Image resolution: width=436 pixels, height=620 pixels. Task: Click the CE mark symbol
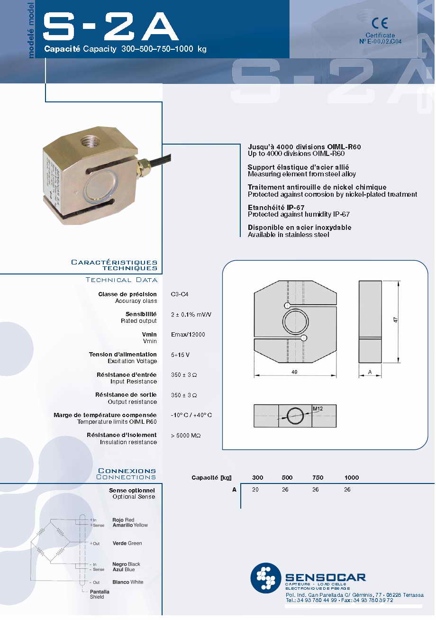(x=380, y=23)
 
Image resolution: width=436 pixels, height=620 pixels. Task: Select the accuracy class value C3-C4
(x=181, y=294)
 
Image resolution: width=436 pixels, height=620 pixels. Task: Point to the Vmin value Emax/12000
(x=188, y=335)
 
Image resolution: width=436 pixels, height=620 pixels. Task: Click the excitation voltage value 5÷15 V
(x=181, y=355)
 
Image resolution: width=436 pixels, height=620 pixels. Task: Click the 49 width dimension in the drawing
(x=294, y=372)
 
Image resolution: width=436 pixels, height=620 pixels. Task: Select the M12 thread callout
(x=318, y=409)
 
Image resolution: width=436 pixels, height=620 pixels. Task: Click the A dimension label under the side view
(x=370, y=372)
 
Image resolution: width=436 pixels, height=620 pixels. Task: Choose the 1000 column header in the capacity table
(x=352, y=478)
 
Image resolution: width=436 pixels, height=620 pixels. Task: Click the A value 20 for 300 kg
(x=255, y=490)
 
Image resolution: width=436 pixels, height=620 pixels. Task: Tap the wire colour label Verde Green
(x=127, y=543)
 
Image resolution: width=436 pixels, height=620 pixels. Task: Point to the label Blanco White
(x=127, y=582)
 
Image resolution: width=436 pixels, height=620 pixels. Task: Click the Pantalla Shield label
(x=100, y=594)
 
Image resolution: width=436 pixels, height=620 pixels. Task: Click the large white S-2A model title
(x=111, y=27)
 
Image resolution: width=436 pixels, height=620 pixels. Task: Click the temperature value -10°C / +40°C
(x=191, y=415)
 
